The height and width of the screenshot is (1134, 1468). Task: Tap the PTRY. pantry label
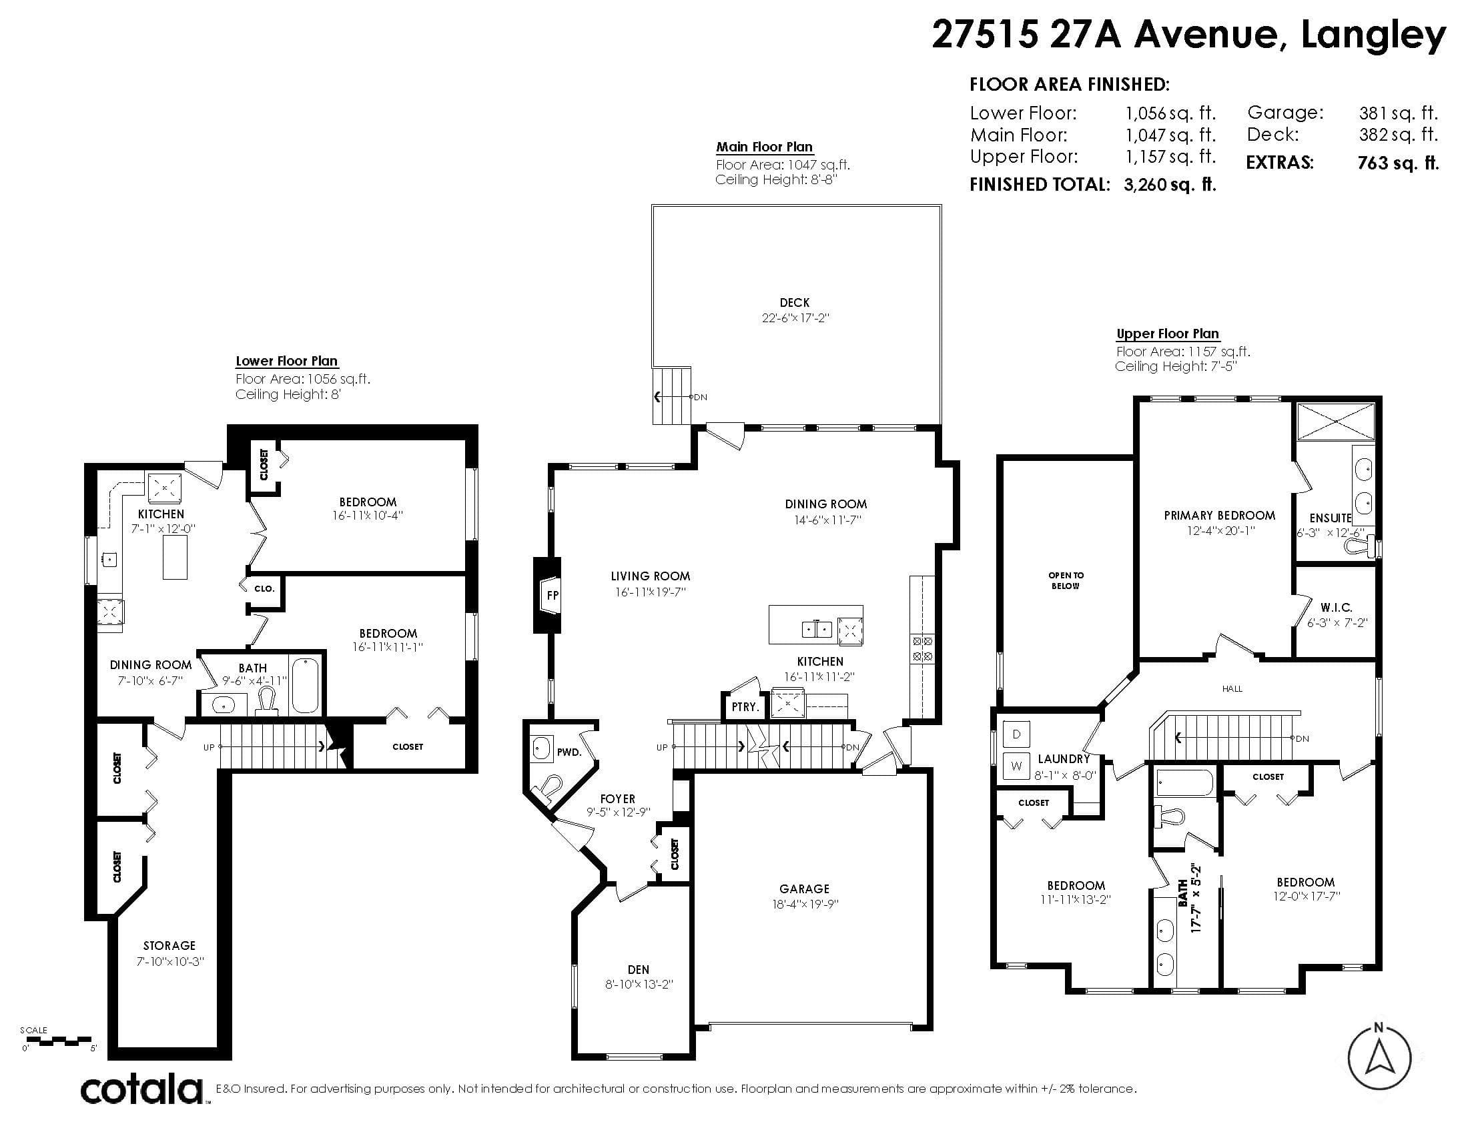(745, 706)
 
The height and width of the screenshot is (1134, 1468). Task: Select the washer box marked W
(1016, 765)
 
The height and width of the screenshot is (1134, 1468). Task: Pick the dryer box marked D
(1016, 734)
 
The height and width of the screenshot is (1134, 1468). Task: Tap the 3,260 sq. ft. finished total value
(1170, 185)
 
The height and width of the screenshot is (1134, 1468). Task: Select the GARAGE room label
(805, 889)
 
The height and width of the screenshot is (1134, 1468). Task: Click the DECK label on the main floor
(795, 303)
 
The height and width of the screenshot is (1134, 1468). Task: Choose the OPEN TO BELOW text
(1066, 580)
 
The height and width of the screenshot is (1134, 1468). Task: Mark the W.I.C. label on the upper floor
(1337, 607)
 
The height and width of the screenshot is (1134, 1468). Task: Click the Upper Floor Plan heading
(1168, 334)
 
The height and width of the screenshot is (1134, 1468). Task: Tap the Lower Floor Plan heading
(286, 362)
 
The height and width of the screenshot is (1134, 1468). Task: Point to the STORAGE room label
(169, 946)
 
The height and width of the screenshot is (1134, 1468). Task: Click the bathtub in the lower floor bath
(306, 685)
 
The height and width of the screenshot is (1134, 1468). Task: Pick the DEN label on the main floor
(639, 969)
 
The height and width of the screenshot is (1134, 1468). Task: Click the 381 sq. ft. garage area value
(1398, 113)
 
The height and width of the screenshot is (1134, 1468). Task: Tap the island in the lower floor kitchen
(175, 558)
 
